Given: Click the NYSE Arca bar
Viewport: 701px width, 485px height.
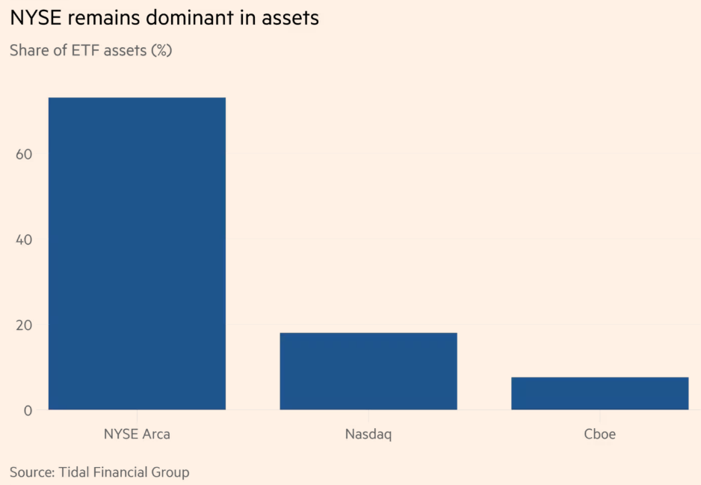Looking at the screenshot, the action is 137,254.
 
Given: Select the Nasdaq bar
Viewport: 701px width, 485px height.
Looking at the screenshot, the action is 368,371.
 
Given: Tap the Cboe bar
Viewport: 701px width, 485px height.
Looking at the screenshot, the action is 600,393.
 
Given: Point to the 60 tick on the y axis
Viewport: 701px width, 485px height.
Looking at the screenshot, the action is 24,154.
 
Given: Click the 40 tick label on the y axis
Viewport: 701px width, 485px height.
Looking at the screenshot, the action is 24,240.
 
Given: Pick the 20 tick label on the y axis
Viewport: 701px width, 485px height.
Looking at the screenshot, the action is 24,325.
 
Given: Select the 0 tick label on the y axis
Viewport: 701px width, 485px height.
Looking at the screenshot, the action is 28,411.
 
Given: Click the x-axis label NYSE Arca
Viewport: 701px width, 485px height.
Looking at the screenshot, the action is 137,434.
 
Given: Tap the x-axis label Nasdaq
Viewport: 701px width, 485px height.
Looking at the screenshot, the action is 368,434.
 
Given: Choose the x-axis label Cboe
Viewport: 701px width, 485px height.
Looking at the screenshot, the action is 600,434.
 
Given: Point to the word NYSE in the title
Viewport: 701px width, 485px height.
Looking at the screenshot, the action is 35,18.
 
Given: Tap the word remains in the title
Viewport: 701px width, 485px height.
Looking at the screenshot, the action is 103,19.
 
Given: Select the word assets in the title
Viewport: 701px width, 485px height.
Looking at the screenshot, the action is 290,19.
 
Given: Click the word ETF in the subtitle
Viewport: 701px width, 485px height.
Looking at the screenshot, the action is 85,50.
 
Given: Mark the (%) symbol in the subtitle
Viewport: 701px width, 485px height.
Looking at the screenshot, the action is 161,51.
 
